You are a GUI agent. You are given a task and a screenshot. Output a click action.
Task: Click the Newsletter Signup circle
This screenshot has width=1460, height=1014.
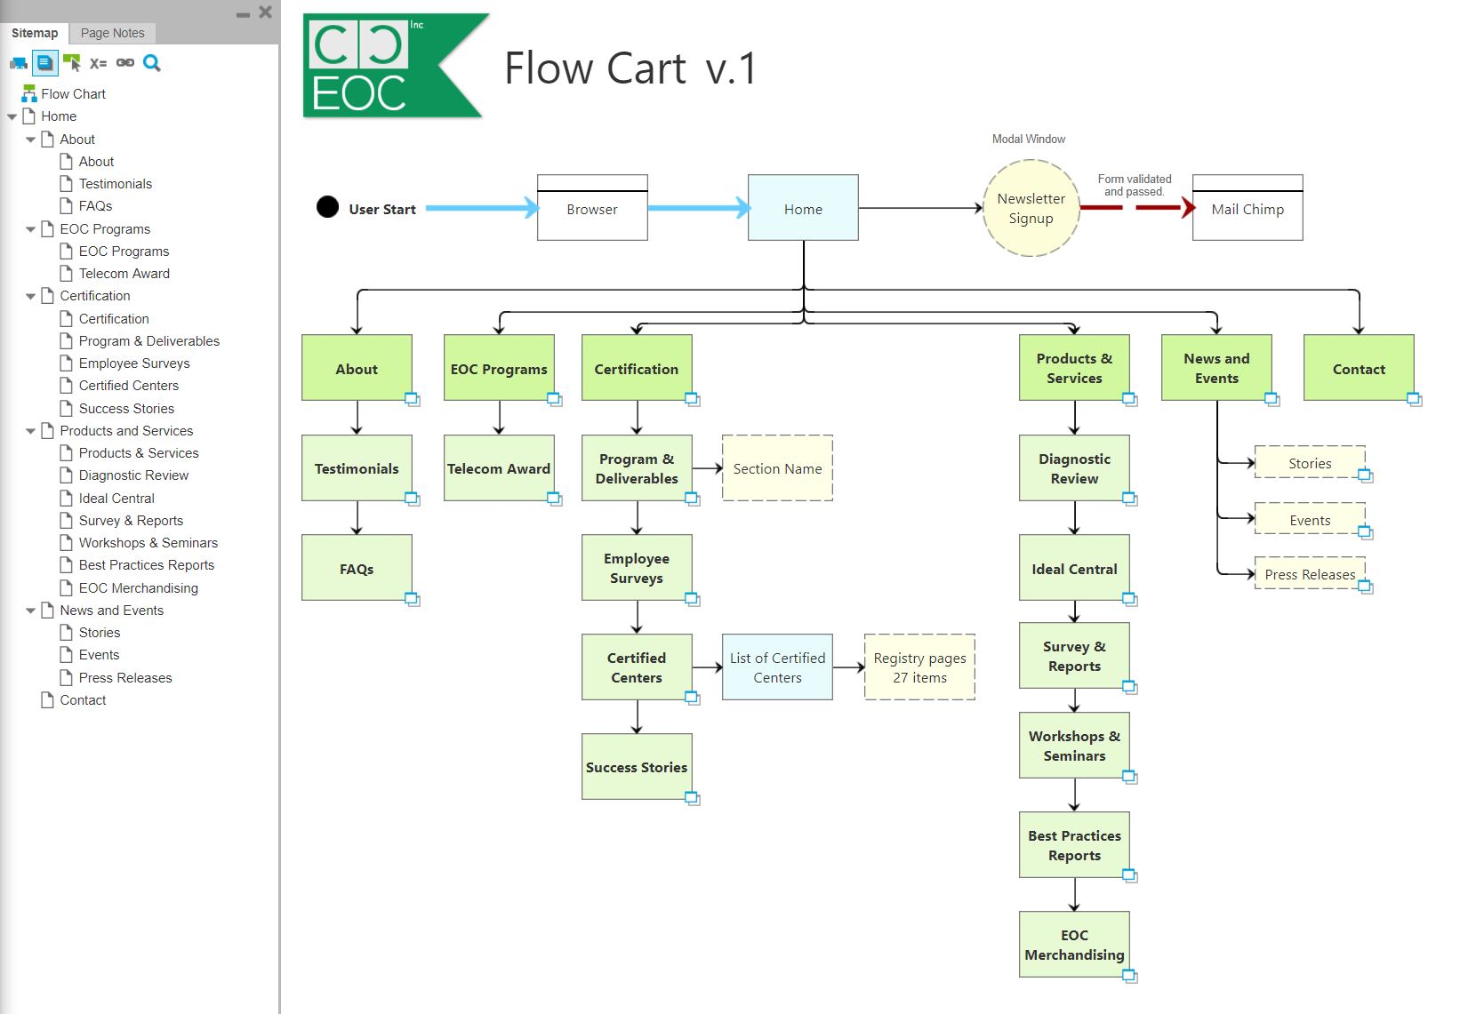tap(1031, 209)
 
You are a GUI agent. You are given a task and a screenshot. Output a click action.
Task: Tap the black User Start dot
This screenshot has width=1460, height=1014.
tap(327, 207)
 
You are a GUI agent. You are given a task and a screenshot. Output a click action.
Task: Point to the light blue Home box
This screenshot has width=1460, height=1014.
tap(803, 209)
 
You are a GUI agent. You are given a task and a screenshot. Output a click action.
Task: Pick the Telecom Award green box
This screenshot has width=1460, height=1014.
tap(499, 468)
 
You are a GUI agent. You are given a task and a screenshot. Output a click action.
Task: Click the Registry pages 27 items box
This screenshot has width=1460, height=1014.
tap(919, 667)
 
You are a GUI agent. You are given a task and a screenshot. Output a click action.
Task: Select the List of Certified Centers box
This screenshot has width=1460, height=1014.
tap(777, 667)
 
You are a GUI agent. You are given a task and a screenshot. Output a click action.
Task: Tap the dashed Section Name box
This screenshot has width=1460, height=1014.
tap(777, 468)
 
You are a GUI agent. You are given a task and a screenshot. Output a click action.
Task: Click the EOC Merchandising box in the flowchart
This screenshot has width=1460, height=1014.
tap(1074, 945)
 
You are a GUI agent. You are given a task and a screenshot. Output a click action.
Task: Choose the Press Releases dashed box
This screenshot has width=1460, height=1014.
tap(1310, 574)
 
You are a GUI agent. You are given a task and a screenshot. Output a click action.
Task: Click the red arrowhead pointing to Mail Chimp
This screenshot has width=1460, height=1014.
tap(1188, 208)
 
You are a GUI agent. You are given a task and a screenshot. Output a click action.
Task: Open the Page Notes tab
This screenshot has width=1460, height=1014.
tap(112, 33)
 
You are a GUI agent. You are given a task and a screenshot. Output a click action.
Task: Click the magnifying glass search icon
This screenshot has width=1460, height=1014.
tap(152, 63)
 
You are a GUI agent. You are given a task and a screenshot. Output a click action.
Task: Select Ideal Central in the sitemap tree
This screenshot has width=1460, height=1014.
tap(116, 498)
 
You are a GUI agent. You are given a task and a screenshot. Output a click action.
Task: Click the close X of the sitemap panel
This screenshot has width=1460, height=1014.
tap(265, 12)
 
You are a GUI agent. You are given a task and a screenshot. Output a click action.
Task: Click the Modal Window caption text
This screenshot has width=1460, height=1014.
tap(1028, 139)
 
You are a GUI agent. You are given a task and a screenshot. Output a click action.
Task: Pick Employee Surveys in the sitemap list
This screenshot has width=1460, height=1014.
tap(134, 363)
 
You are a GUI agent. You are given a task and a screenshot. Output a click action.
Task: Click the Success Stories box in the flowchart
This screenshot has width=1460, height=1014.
tap(637, 767)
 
